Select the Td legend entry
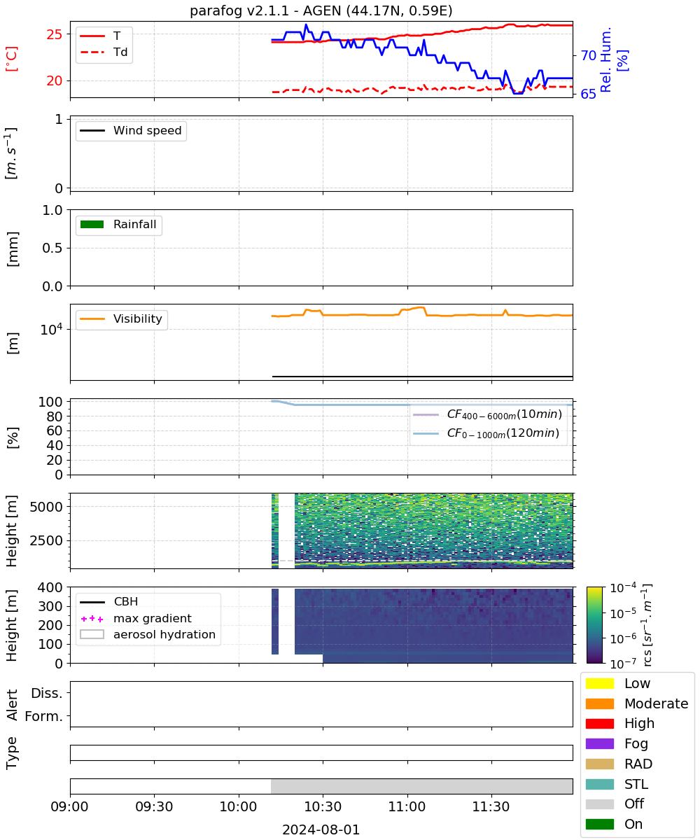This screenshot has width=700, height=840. click(104, 52)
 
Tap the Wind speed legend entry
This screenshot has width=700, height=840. click(131, 130)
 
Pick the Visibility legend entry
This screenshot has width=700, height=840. click(120, 318)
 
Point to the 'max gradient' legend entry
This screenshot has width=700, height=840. click(136, 618)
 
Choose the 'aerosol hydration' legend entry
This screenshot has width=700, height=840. click(148, 634)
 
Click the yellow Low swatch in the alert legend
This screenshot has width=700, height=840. click(599, 683)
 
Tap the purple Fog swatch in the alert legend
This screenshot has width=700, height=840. click(599, 743)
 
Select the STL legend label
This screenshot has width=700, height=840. click(636, 784)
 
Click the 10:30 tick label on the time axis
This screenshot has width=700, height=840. click(323, 806)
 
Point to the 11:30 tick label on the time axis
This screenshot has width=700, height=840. click(491, 806)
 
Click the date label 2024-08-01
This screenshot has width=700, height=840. click(321, 829)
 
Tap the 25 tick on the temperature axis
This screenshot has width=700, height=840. click(55, 34)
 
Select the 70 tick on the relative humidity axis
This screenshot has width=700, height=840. click(588, 55)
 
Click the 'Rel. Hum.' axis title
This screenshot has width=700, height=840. click(605, 59)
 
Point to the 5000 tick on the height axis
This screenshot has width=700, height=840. click(46, 507)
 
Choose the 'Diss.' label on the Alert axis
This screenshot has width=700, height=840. click(47, 693)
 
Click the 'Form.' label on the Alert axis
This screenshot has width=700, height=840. click(44, 716)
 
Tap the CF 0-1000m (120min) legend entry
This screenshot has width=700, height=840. click(486, 433)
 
